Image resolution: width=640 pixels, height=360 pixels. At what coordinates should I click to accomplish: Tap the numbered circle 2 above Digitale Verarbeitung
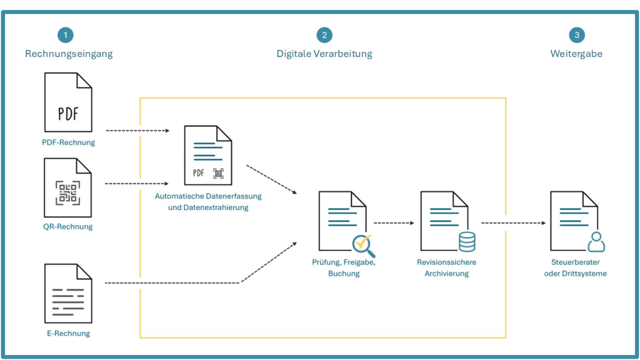(324, 35)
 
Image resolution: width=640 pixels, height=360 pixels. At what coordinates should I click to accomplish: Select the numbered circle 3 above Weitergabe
(577, 35)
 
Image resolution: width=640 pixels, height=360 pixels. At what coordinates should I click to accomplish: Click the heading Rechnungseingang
(69, 54)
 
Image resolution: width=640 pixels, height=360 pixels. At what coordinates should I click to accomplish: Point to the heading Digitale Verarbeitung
(324, 54)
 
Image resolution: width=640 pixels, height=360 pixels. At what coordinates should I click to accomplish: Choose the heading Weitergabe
(576, 54)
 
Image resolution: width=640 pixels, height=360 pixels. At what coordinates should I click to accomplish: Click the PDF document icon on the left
(68, 102)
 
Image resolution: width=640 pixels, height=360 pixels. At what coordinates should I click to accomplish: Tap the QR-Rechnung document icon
(68, 187)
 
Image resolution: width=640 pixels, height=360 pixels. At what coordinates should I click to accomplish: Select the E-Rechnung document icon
(68, 293)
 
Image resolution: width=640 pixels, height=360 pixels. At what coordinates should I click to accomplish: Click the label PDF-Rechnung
(69, 142)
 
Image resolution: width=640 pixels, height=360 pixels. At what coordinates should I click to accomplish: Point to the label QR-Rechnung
(69, 227)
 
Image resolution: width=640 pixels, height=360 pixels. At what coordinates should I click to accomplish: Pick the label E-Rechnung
(69, 333)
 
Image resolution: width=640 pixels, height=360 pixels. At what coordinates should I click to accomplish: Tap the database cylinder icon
(466, 241)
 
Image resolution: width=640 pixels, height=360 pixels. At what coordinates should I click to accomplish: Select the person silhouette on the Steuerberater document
(596, 242)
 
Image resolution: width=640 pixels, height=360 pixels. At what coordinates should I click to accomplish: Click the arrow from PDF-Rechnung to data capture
(137, 131)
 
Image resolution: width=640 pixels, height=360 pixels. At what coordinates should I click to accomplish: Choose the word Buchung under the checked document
(344, 273)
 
